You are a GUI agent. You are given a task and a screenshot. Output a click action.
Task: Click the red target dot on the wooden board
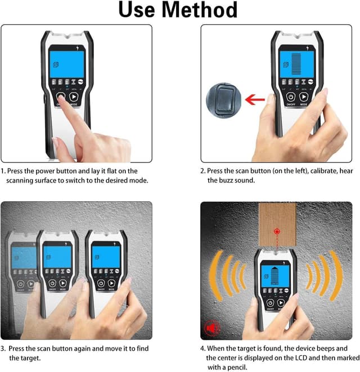click(x=276, y=231)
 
